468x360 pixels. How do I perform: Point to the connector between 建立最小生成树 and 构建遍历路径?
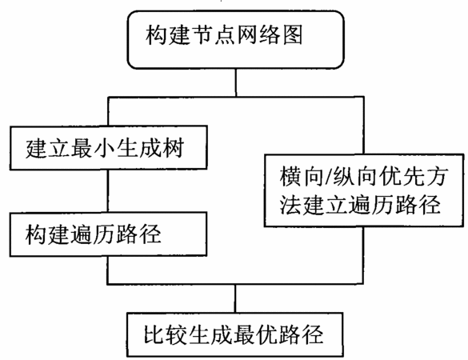click(x=108, y=191)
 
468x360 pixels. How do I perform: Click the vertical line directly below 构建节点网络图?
click(x=236, y=82)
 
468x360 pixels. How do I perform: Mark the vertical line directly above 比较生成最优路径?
click(x=235, y=298)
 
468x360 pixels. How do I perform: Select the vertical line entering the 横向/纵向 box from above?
click(x=363, y=126)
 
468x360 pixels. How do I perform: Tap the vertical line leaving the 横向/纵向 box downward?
click(x=363, y=255)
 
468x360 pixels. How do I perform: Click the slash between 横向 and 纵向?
click(x=327, y=177)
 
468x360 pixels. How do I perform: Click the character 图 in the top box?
click(x=292, y=34)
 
